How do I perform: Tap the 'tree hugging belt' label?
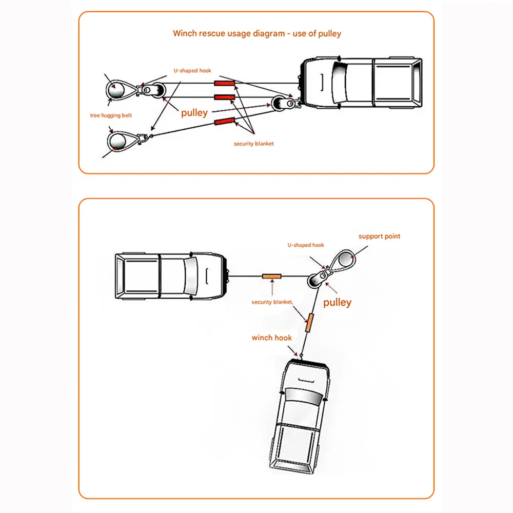[x=111, y=115]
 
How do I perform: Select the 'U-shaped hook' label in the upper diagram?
[x=191, y=70]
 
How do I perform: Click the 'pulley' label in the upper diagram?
[x=194, y=112]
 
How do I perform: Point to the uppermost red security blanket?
[x=224, y=83]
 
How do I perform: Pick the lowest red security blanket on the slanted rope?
[x=224, y=122]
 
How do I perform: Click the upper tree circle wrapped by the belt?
[x=117, y=90]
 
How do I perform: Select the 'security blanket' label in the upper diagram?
[x=253, y=144]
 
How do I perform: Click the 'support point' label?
[x=379, y=236]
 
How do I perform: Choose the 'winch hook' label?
[x=271, y=338]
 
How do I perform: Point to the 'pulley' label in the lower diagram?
[x=337, y=302]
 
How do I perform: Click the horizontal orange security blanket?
[x=272, y=276]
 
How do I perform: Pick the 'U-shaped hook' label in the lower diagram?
[x=306, y=245]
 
